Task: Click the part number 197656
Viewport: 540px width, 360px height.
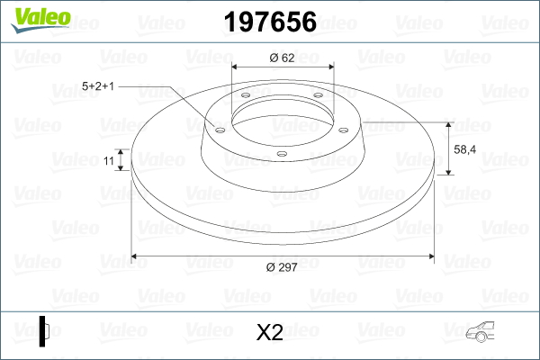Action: pos(270,22)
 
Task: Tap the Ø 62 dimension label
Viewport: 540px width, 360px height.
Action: pos(282,58)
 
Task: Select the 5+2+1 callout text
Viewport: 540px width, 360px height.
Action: pos(98,86)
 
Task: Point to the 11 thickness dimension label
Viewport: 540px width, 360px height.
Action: pos(109,160)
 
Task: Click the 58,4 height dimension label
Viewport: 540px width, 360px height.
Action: pos(465,149)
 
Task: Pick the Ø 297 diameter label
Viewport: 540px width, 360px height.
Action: pos(282,267)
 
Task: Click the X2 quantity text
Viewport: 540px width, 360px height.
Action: pos(270,332)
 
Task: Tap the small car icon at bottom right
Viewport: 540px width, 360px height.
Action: pos(480,332)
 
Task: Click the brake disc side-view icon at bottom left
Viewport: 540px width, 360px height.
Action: pos(44,331)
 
